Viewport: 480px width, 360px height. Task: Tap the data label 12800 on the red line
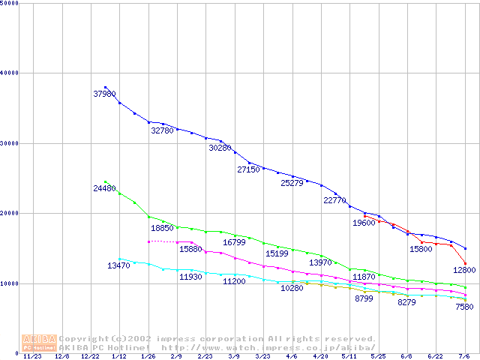pyautogui.click(x=464, y=270)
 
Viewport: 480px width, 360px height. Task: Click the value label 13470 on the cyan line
pyautogui.click(x=118, y=265)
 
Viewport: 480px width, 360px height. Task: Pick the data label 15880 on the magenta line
pyautogui.click(x=190, y=249)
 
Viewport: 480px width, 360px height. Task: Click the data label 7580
pyautogui.click(x=464, y=307)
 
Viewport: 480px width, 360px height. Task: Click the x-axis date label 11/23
pyautogui.click(x=33, y=356)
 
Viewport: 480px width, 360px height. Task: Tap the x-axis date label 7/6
pyautogui.click(x=464, y=356)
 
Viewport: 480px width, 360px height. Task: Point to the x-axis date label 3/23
pyautogui.click(x=262, y=356)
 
